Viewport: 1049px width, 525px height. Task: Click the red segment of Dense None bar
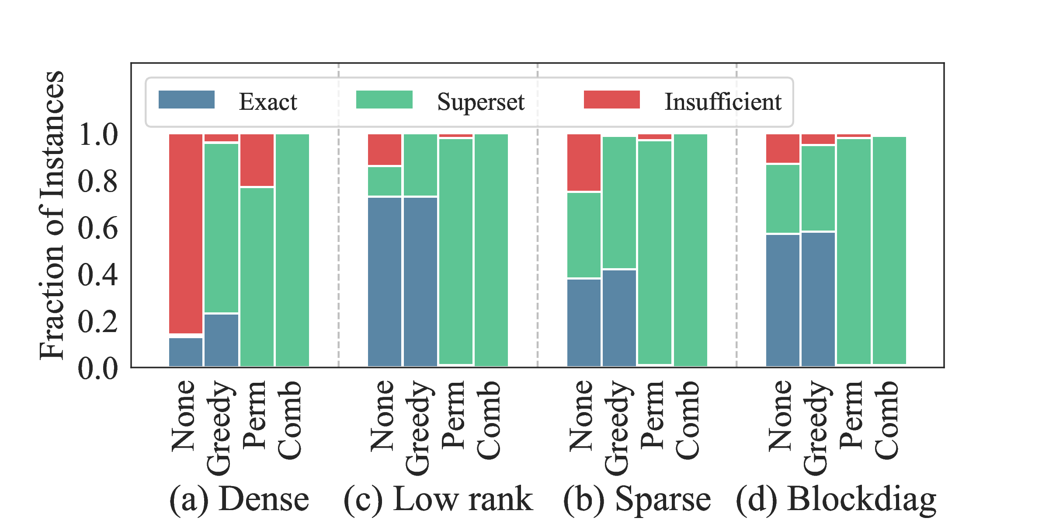coord(186,234)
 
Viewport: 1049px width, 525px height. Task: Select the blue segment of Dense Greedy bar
coord(221,340)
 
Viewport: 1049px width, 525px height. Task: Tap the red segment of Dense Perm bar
coord(257,160)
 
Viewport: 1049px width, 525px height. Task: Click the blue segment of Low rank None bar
coord(385,282)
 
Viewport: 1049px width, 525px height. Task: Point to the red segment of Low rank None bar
coord(385,150)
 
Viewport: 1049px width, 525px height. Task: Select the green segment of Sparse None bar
coord(584,235)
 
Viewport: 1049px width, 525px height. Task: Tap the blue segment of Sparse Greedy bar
coord(619,318)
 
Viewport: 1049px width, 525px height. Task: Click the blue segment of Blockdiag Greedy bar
coord(818,299)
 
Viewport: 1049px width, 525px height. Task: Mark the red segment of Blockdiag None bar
coord(783,148)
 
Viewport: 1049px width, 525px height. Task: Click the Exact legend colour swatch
coord(187,100)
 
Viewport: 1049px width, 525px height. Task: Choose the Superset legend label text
coord(480,102)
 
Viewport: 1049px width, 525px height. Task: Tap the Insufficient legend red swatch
coord(612,100)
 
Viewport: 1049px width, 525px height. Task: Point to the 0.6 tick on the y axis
coord(98,228)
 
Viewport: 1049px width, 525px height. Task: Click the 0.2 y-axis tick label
coord(98,322)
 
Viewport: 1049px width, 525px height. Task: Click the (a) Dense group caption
coord(239,499)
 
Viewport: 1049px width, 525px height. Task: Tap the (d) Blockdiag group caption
coord(836,499)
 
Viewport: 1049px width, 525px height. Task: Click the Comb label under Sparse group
coord(688,420)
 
